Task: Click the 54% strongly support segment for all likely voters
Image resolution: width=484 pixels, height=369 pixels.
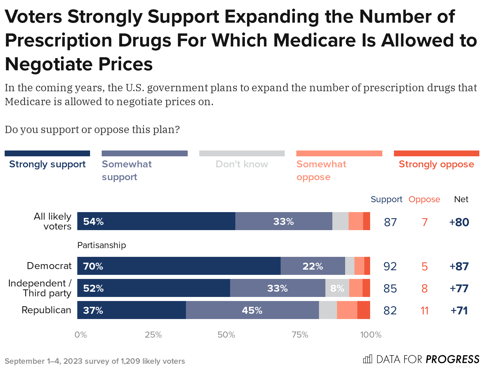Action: (156, 221)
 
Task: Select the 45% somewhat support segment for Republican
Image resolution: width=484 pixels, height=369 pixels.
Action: (252, 310)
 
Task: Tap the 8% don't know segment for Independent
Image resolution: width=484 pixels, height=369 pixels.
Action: (337, 288)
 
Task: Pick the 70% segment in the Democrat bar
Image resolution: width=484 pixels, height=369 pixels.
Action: (179, 266)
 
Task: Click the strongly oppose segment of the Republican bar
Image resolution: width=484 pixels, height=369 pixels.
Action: (363, 310)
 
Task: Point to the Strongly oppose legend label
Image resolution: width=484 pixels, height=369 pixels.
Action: (436, 164)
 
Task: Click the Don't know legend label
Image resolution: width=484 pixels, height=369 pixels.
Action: (242, 164)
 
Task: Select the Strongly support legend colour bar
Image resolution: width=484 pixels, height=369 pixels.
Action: (47, 153)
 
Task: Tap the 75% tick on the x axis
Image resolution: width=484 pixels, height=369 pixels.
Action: (300, 335)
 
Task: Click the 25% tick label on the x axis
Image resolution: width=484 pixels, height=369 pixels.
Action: (153, 335)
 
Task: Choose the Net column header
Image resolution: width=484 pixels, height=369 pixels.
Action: (461, 199)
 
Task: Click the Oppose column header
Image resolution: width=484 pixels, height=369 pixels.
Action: (424, 199)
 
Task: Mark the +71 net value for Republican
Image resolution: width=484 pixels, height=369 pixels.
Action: (459, 311)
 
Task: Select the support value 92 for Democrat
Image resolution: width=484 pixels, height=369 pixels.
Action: (390, 266)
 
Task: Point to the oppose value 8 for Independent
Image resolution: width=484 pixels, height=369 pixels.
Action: (424, 289)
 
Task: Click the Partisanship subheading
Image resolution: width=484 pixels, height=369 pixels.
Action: (102, 245)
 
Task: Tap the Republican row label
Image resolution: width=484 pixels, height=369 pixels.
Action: (46, 310)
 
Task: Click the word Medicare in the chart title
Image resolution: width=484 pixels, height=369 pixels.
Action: (314, 40)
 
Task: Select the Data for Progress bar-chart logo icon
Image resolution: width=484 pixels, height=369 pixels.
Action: (367, 359)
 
